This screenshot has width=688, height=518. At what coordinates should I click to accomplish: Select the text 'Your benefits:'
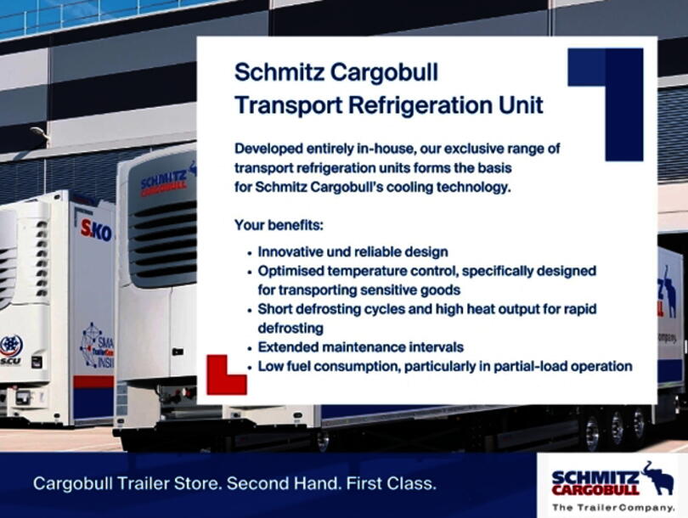coord(278,227)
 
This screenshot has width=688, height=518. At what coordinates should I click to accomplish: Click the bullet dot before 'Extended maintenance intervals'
coord(249,347)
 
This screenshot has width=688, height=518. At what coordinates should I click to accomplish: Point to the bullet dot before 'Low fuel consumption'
coord(249,367)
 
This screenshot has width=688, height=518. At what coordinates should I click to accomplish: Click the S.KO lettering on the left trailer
coord(96,229)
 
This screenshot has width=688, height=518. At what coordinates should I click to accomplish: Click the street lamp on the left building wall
coord(40,133)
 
